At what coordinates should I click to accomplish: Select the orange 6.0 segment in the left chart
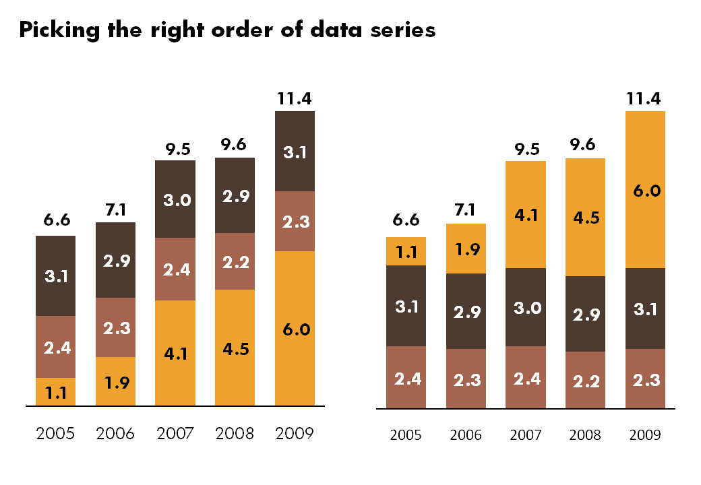tap(295, 329)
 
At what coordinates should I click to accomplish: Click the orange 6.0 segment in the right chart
tap(645, 190)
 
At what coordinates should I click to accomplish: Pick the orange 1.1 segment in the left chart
tap(55, 392)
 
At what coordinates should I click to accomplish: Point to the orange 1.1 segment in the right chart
tap(406, 251)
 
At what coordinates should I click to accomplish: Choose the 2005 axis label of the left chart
tap(55, 433)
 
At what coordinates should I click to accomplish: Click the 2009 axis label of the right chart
tap(645, 435)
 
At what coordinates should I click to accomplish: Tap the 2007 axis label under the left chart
tap(175, 433)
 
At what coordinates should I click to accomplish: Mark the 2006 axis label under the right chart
tap(466, 435)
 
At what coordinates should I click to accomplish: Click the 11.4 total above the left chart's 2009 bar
tap(295, 99)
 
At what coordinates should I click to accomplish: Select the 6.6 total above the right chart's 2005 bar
tap(406, 220)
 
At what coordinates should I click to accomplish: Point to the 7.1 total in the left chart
tap(115, 210)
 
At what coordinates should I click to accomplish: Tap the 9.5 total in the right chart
tap(525, 148)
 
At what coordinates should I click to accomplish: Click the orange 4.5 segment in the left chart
tap(235, 348)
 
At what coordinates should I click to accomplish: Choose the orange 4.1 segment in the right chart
tap(525, 215)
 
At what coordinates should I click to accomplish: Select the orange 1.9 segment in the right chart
tap(466, 249)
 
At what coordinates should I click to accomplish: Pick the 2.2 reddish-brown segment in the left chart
tap(235, 261)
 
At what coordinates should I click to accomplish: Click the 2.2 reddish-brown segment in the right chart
tap(585, 381)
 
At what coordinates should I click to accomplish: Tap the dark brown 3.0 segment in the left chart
tap(175, 199)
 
